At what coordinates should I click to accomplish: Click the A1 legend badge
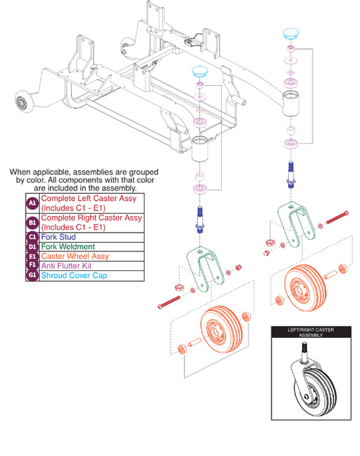point(32,204)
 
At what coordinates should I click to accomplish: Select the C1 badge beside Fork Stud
point(32,237)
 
